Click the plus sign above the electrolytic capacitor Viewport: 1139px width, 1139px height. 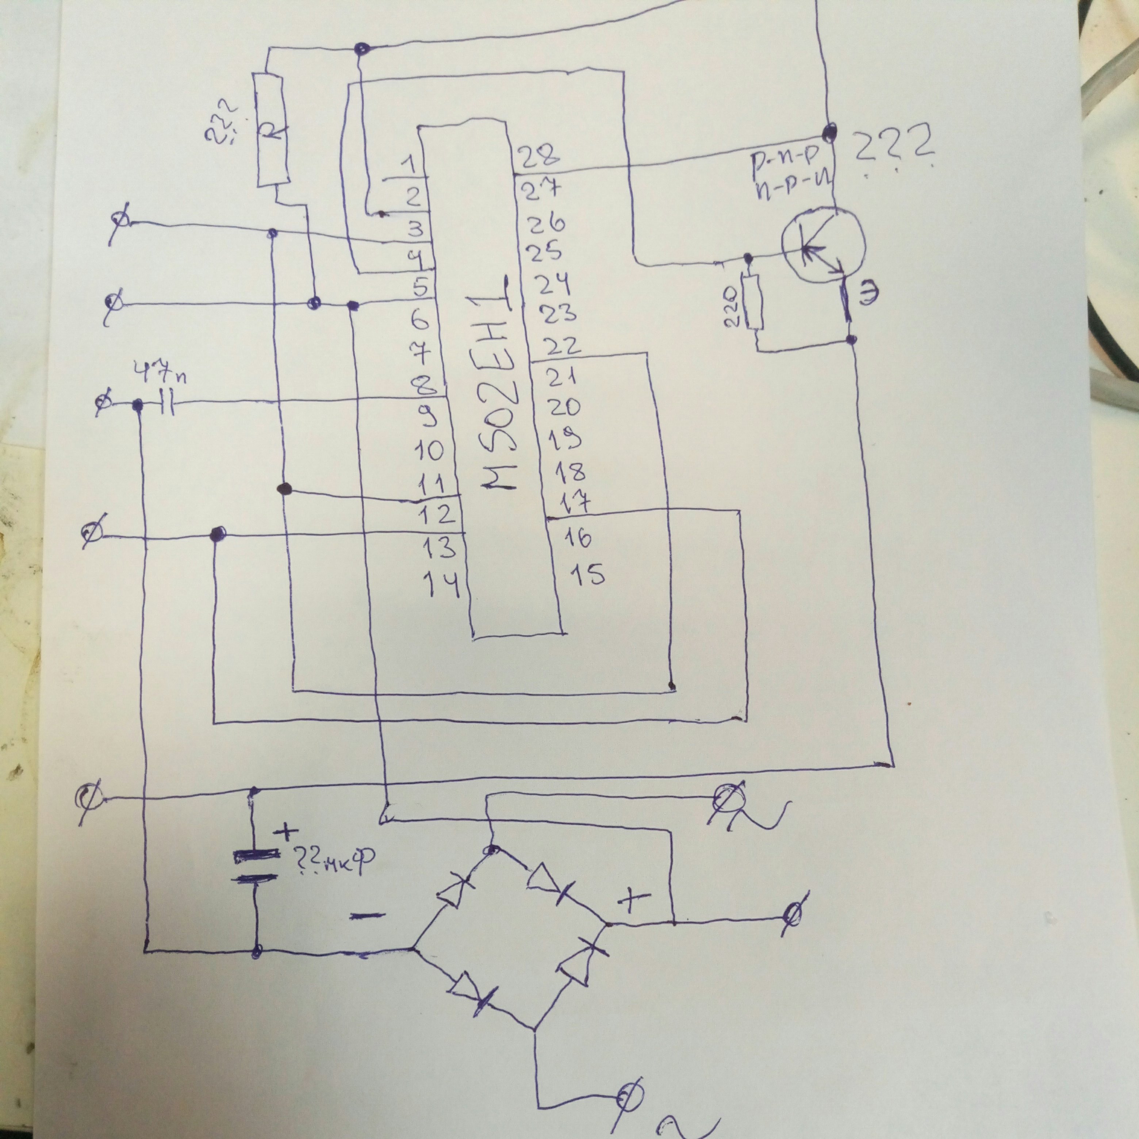(x=286, y=832)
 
